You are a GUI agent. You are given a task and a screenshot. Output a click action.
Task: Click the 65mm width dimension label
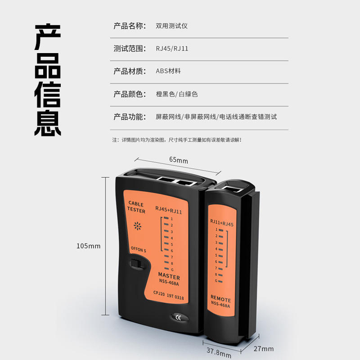coord(178,160)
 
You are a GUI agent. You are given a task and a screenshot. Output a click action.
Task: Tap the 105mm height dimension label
coord(88,246)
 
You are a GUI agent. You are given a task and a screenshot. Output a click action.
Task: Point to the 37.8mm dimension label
coord(219,353)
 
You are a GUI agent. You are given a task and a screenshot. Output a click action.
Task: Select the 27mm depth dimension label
coord(264,349)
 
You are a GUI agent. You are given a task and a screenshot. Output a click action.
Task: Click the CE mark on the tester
coord(178,318)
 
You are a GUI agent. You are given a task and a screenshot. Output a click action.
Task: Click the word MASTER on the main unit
coord(169,276)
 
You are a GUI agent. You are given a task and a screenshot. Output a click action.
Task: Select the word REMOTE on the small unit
coord(220,298)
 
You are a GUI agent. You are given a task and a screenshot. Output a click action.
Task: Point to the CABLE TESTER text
coord(136,207)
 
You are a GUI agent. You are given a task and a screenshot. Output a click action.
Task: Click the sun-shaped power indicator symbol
coord(138,226)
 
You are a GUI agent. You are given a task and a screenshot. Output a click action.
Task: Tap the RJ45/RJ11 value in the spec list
coord(172,49)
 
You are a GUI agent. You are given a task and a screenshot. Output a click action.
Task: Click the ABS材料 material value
coord(168,71)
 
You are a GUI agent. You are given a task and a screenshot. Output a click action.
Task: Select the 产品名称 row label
coord(130,26)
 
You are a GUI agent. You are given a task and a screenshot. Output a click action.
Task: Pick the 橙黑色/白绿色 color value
coord(177,94)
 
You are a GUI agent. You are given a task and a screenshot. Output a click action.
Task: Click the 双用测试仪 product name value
coord(172,26)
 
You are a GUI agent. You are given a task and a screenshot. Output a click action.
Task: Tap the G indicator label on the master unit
coord(172,270)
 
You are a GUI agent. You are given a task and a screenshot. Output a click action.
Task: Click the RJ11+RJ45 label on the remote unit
coord(222,223)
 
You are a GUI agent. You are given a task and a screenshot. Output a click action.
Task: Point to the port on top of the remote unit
coord(232,189)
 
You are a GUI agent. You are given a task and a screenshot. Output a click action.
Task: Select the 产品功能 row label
coord(130,117)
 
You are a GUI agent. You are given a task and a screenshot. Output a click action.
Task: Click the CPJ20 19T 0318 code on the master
coord(168,295)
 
